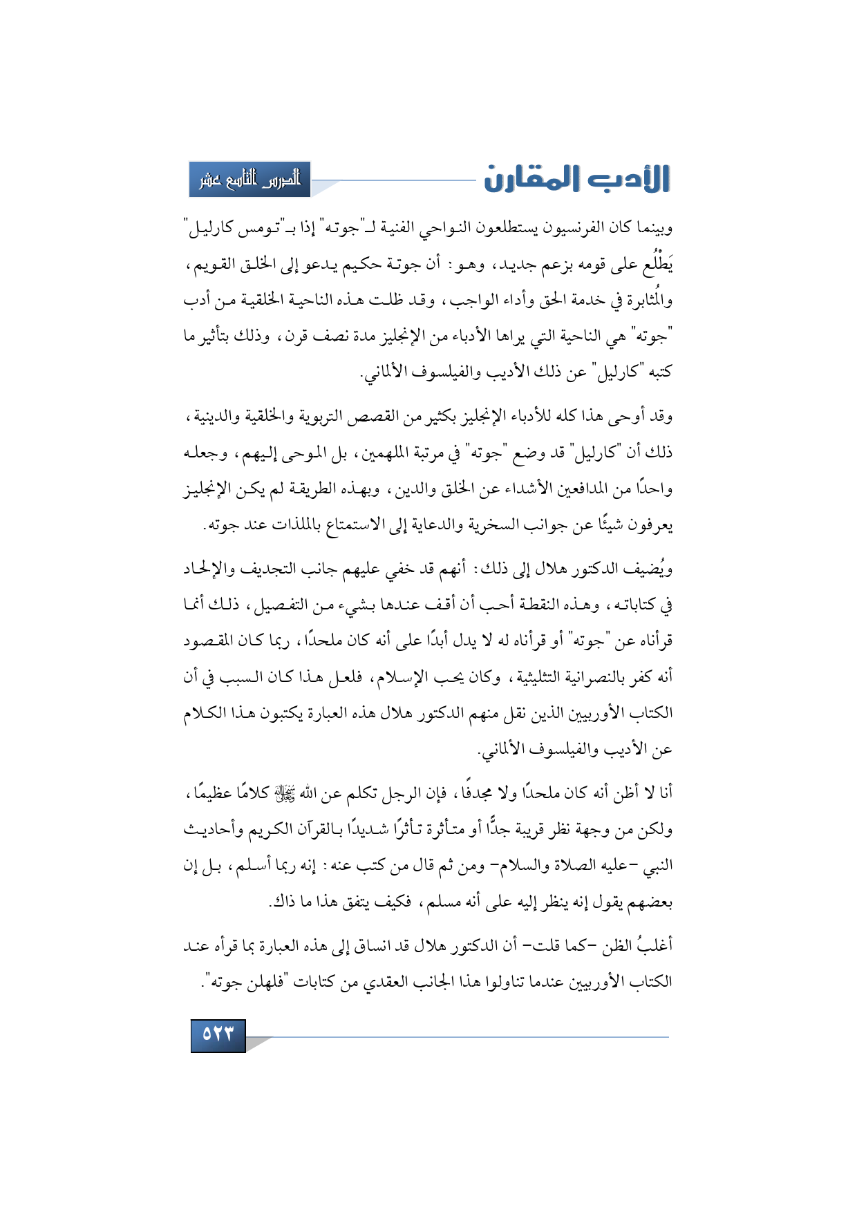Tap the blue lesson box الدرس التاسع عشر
[250, 180]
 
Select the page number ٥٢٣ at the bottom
[218, 1034]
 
